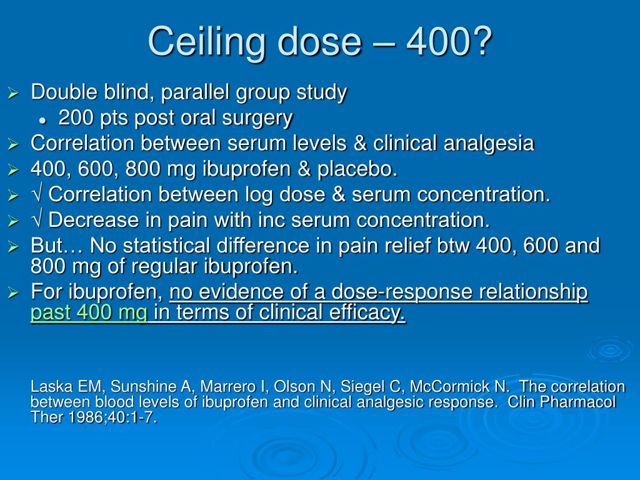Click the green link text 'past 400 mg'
[89, 312]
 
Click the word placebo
[365, 169]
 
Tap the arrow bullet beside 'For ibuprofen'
[14, 292]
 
